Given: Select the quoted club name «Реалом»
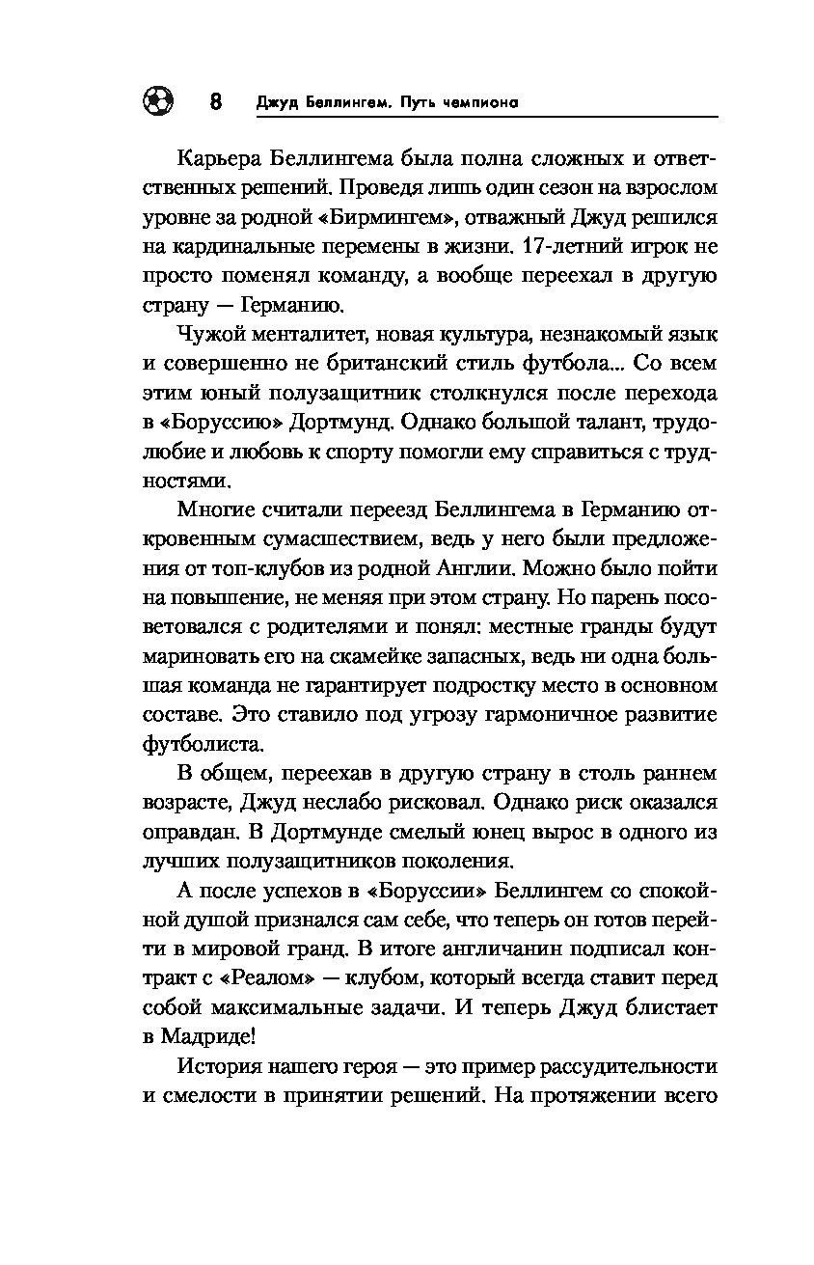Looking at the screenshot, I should coord(263,977).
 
